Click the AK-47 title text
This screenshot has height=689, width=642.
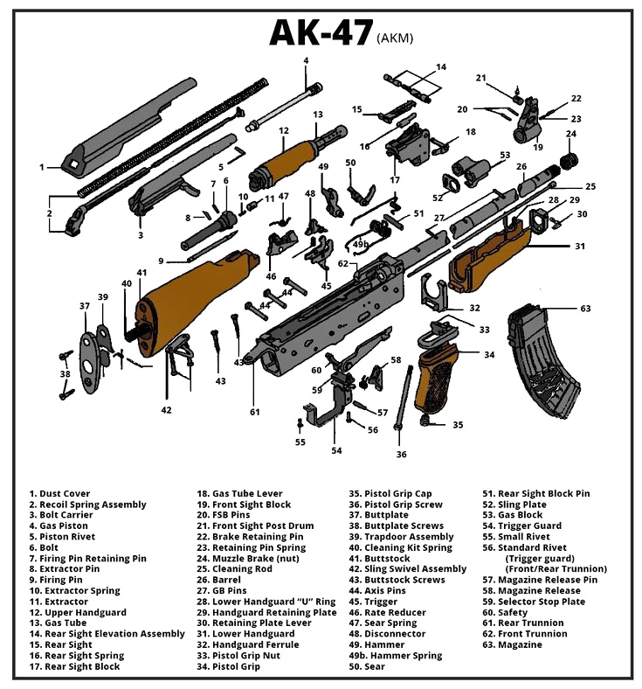click(x=319, y=31)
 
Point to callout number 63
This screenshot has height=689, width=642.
click(x=585, y=308)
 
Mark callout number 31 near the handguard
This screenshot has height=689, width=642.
click(x=579, y=246)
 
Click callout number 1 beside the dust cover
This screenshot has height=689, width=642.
click(x=41, y=166)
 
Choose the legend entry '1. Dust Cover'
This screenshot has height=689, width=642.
click(x=59, y=494)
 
